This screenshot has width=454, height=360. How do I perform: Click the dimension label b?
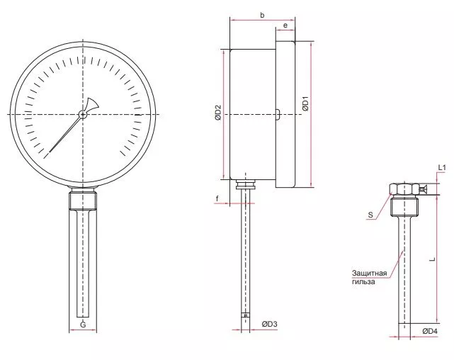(x=262, y=15)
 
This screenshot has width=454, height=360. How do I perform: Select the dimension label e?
(x=285, y=26)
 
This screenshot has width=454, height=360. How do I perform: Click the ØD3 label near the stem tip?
(x=270, y=324)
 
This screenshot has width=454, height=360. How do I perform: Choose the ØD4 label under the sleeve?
(x=430, y=331)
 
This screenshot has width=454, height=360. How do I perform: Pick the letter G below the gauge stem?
(x=83, y=325)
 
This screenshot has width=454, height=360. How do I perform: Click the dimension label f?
(x=217, y=198)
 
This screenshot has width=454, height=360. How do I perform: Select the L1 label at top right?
(x=442, y=167)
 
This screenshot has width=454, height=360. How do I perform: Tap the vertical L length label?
(x=432, y=259)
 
